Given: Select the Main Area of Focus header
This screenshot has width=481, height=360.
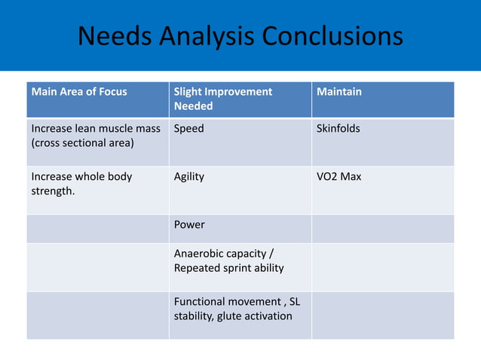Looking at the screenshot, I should point(79,92).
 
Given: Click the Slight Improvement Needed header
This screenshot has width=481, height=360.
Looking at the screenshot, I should point(223,99).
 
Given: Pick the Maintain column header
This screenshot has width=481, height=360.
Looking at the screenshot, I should point(339,92).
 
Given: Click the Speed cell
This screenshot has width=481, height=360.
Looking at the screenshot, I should point(189,129).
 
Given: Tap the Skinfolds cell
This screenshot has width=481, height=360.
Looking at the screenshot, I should point(339,129).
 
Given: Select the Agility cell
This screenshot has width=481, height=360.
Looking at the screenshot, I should point(189,176).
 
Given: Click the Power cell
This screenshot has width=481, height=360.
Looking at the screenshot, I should point(189,224).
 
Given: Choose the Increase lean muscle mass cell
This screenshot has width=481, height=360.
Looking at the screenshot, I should point(96,136).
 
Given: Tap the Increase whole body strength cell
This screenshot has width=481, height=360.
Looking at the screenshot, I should point(81,183).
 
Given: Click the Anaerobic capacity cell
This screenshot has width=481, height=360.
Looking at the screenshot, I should point(228,261).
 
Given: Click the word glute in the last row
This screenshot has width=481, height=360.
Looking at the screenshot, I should point(226,316).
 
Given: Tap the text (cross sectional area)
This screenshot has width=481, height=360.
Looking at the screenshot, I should point(81,143).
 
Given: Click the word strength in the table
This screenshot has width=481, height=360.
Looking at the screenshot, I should point(54,191).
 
